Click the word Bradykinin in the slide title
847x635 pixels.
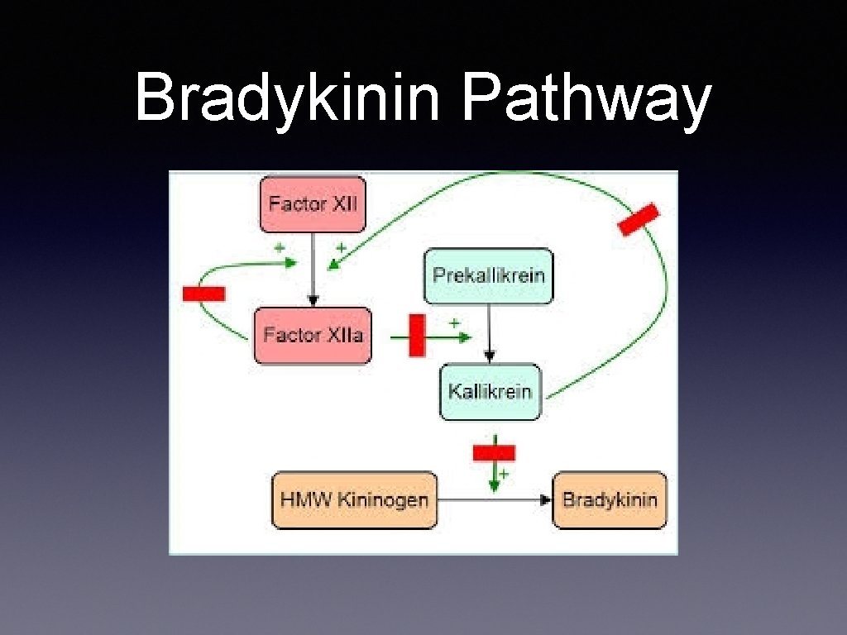click(x=290, y=98)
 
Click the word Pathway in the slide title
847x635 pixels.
click(x=586, y=98)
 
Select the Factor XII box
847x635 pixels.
click(x=313, y=203)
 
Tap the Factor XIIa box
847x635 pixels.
click(x=313, y=335)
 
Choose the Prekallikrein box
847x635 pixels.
click(x=489, y=275)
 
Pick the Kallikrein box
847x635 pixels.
click(x=490, y=391)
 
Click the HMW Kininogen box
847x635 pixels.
click(x=354, y=499)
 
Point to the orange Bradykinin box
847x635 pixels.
click(x=610, y=499)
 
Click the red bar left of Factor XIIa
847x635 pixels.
click(x=203, y=293)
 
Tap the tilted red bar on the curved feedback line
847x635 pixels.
click(x=639, y=219)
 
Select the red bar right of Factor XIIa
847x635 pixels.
click(x=417, y=335)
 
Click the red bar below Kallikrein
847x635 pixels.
click(x=494, y=452)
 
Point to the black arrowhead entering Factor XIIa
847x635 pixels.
click(x=313, y=301)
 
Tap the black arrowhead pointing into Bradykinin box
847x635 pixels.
click(x=545, y=499)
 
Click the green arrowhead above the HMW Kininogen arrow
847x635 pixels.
click(x=494, y=486)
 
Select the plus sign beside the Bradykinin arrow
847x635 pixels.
click(x=503, y=474)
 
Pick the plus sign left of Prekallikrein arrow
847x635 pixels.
click(x=454, y=322)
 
